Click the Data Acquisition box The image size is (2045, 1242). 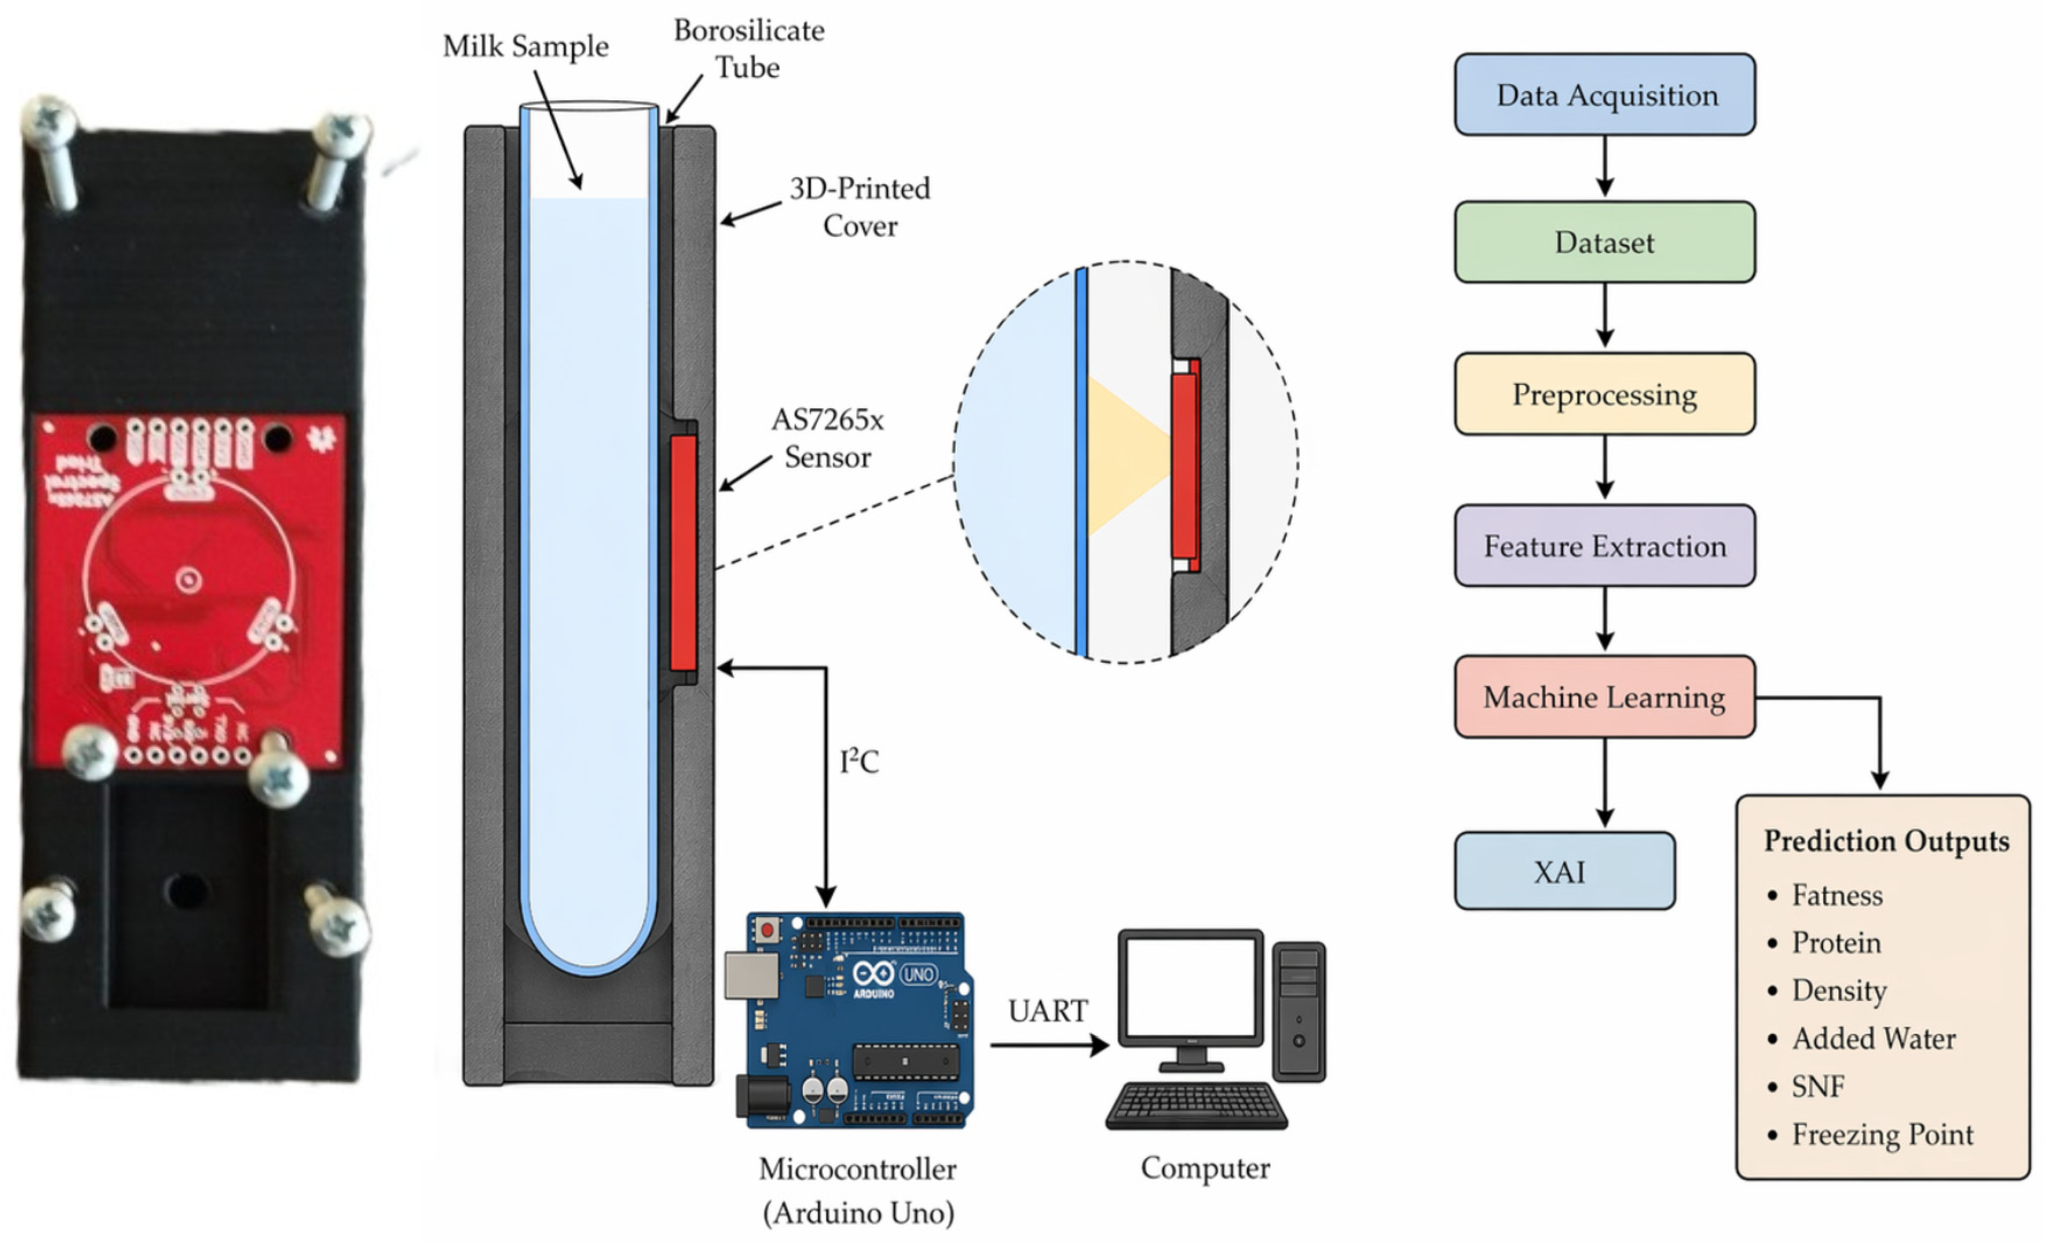(1604, 95)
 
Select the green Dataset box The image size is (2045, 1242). (1604, 242)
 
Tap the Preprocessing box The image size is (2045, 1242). (1604, 394)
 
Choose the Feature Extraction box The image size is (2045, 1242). (1604, 546)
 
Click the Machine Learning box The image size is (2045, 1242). (1604, 697)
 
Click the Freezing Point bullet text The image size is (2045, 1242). (1882, 1134)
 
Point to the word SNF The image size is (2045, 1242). (1818, 1086)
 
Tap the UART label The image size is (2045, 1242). (1048, 1011)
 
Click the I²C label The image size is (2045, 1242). (859, 762)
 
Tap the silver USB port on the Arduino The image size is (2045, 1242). (751, 975)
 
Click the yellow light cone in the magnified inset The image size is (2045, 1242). (1125, 455)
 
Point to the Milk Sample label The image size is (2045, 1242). (526, 46)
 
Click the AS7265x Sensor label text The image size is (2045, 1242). (827, 438)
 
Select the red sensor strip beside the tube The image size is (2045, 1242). (683, 552)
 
